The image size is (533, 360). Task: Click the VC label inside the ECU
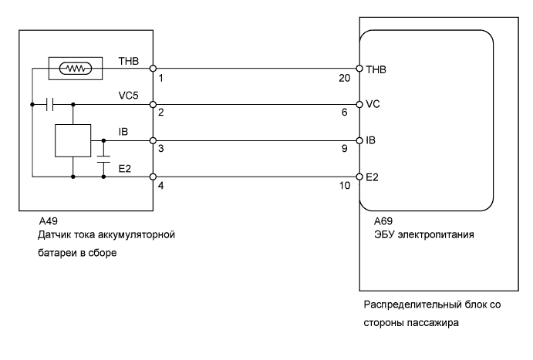click(373, 104)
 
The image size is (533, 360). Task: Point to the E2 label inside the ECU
click(373, 177)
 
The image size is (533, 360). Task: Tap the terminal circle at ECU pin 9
click(359, 141)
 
